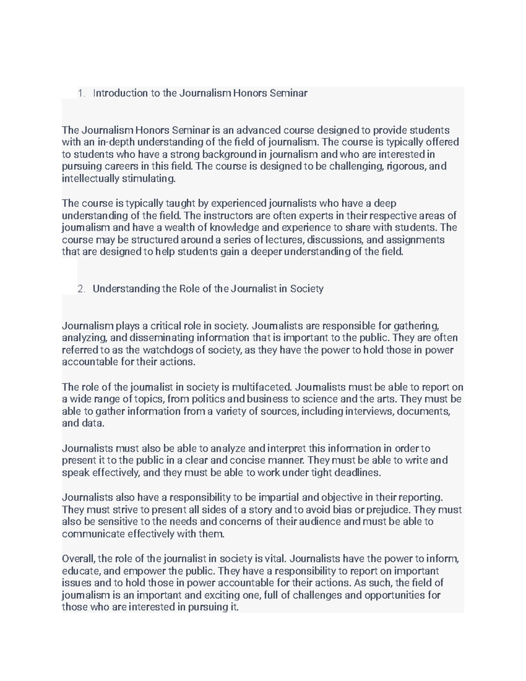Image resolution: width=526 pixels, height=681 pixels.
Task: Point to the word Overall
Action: tap(78, 559)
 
